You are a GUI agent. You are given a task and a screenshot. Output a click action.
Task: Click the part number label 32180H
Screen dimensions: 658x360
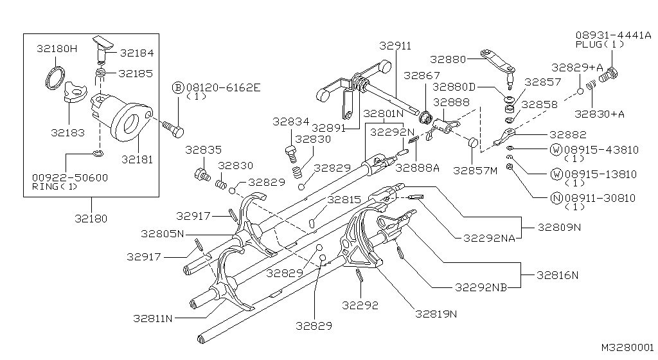(x=57, y=49)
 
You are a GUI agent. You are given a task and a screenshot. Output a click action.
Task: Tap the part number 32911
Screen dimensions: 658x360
(x=395, y=45)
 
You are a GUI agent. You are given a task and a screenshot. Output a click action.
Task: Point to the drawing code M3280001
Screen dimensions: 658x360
(x=627, y=347)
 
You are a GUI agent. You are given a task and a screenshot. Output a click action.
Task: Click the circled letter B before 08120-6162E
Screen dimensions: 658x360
(x=179, y=87)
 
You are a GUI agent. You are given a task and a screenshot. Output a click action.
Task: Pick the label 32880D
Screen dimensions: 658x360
(x=454, y=87)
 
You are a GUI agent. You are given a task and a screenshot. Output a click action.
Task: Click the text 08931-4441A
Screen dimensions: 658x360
(x=613, y=35)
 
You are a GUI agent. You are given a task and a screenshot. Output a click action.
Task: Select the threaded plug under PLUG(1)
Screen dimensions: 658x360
(x=609, y=75)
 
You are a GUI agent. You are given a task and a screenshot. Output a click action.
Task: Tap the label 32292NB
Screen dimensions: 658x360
(x=481, y=287)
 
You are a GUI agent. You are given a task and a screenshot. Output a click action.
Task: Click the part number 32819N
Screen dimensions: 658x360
(x=436, y=314)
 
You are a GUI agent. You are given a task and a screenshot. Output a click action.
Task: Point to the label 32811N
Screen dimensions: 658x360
(x=153, y=318)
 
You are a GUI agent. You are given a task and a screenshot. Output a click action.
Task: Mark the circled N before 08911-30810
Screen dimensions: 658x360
(x=556, y=198)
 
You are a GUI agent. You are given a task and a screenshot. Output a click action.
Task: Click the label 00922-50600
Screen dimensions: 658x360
(x=70, y=177)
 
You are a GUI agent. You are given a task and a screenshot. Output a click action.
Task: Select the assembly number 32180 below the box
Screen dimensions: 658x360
(x=91, y=219)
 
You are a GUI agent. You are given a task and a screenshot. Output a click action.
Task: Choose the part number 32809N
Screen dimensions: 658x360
(x=560, y=228)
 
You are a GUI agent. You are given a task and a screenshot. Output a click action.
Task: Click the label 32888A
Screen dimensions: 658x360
(x=417, y=168)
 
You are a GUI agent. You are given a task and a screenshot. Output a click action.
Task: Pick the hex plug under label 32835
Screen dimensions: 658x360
(x=202, y=174)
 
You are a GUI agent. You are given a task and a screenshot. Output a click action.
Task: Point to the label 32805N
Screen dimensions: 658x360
(x=163, y=234)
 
